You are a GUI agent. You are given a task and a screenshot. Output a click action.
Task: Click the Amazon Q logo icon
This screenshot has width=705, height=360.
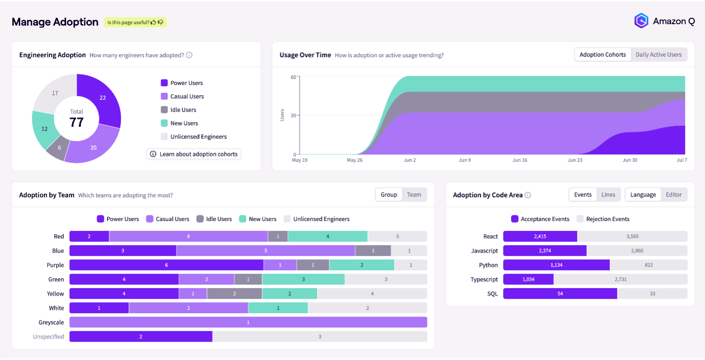(641, 21)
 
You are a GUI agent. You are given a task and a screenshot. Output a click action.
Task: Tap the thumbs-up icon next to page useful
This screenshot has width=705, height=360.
(154, 22)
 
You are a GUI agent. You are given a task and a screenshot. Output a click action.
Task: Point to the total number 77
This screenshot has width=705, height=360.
(76, 122)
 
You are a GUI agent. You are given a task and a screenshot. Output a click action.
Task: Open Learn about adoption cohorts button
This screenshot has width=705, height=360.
(194, 154)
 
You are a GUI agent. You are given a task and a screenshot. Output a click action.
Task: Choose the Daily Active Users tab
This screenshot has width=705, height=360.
(659, 55)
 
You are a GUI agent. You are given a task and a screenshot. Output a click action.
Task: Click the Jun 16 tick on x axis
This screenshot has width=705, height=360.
(520, 160)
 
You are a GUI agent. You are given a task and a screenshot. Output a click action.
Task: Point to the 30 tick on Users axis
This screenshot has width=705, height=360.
(293, 116)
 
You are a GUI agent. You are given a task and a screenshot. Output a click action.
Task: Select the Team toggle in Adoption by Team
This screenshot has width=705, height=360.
(414, 195)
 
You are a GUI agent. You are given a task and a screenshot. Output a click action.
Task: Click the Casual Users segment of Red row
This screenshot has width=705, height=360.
(188, 237)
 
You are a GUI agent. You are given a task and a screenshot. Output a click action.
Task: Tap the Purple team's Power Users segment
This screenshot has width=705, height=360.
(166, 265)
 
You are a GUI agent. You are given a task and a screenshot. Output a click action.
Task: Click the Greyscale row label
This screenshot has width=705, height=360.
(51, 323)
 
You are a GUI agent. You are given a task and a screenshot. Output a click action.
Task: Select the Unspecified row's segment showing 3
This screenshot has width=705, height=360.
(319, 337)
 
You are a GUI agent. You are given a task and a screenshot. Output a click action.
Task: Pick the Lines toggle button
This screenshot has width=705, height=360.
(608, 195)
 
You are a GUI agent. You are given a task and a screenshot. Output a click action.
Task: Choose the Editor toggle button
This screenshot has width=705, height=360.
(673, 195)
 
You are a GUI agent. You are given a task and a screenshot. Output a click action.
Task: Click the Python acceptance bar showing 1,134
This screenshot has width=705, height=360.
(556, 265)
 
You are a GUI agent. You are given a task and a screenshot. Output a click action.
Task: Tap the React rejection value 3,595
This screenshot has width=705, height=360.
(632, 237)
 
